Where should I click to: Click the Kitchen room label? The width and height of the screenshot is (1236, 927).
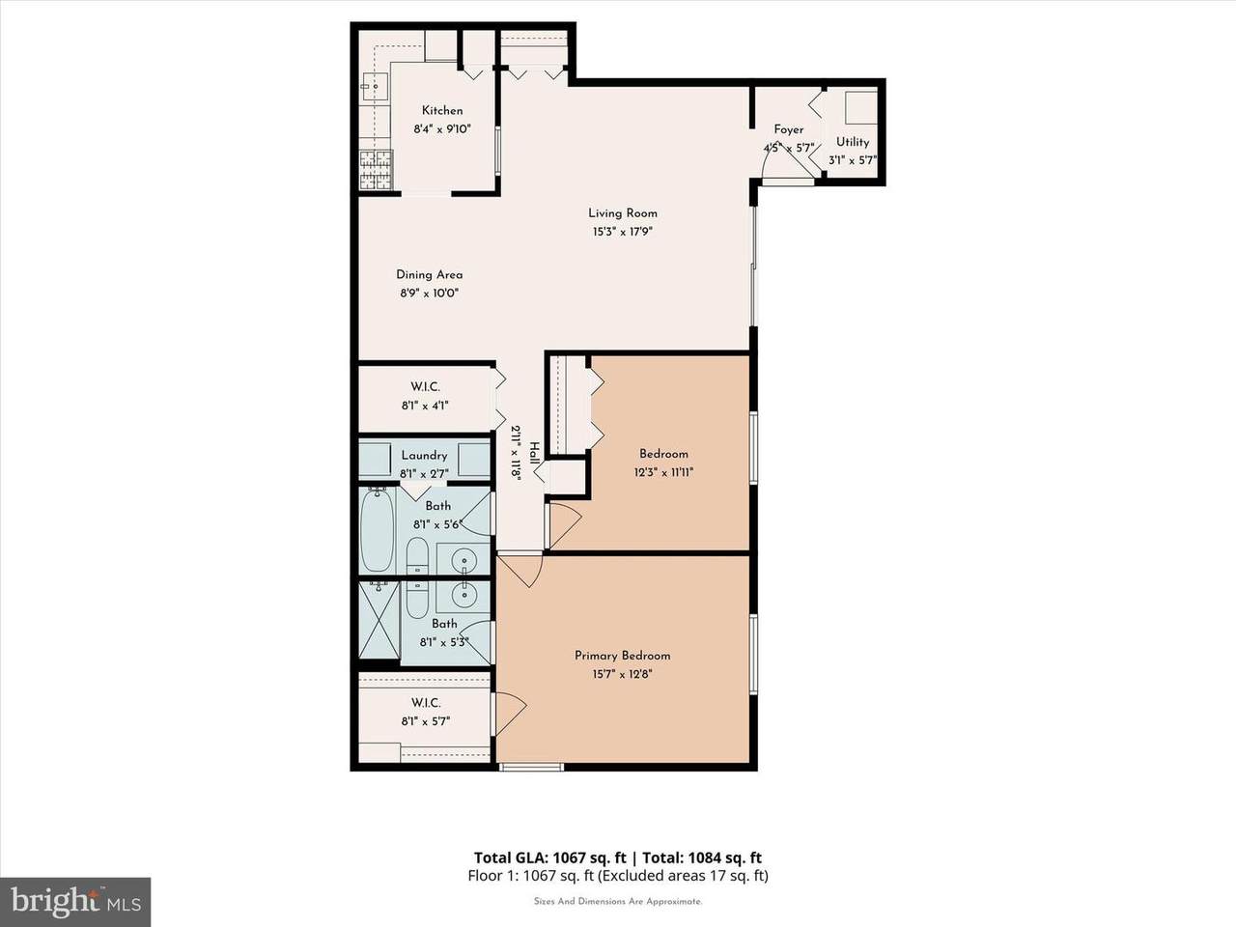(442, 110)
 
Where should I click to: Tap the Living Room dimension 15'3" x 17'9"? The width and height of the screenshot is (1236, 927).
(622, 232)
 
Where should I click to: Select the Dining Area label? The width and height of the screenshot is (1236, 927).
(429, 274)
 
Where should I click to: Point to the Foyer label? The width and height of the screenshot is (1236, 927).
(788, 129)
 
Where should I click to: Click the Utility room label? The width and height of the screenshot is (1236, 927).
(853, 142)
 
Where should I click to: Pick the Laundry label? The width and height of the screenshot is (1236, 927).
(424, 456)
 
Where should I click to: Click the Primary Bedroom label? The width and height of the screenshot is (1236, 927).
(622, 656)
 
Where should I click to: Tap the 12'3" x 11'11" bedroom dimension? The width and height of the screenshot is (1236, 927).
(663, 472)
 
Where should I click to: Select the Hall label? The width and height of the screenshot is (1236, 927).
(533, 453)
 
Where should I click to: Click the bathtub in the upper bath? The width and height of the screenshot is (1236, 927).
(377, 529)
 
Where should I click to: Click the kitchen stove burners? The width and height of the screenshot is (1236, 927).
(377, 169)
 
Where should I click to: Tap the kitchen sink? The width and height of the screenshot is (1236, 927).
(374, 87)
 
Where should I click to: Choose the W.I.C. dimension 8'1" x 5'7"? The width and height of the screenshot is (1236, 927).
(426, 721)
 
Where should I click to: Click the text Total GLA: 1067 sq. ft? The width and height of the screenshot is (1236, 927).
(549, 857)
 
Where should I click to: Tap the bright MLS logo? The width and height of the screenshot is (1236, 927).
(75, 902)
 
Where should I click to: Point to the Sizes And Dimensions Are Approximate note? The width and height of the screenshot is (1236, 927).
(618, 901)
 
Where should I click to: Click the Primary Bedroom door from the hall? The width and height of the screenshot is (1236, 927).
(520, 571)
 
